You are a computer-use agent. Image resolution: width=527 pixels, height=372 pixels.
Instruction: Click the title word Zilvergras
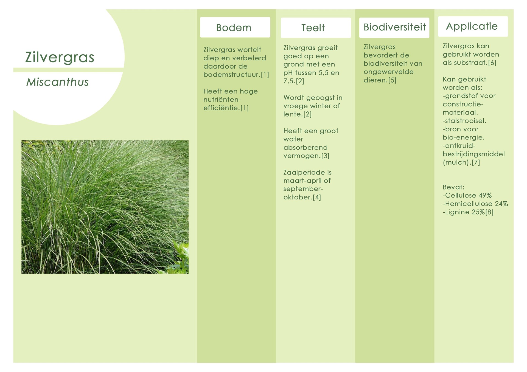coord(60,57)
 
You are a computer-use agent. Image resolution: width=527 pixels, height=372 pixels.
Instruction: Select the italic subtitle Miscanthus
coord(57,82)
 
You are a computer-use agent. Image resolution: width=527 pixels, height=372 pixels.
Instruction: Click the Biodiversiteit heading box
coord(394,27)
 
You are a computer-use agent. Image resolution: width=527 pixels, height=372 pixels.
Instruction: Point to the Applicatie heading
coord(472,26)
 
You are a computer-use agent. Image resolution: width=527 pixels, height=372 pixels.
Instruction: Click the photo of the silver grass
coord(105,207)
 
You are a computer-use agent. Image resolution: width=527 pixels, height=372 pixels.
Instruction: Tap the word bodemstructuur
coord(232,75)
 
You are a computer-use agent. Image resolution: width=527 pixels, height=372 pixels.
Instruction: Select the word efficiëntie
coord(222,108)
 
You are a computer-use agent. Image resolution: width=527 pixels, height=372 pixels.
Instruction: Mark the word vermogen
coord(302,156)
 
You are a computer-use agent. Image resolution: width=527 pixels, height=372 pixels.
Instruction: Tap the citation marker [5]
coord(392,80)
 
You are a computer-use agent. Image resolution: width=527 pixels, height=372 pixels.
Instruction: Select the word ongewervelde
coord(388,72)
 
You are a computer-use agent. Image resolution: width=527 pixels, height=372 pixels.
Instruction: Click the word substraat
coord(470,63)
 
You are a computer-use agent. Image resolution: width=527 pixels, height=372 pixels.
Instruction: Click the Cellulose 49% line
coord(467,195)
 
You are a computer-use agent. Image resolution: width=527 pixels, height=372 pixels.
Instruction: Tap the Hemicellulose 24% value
coord(501,204)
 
